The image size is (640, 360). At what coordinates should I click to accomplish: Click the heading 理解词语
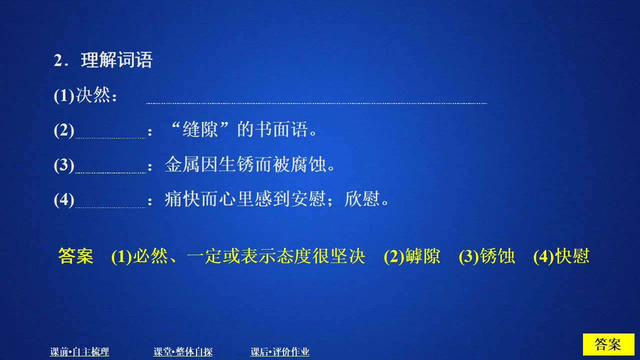tap(116, 60)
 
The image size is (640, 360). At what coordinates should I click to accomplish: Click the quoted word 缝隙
tap(200, 130)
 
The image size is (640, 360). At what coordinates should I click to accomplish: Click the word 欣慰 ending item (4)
tap(362, 200)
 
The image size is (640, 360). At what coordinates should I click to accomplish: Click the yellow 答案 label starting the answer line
tap(75, 256)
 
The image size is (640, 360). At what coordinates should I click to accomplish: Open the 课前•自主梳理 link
tap(79, 352)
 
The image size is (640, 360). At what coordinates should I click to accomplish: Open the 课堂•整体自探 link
tap(183, 352)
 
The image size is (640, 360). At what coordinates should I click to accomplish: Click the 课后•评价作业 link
tap(280, 352)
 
